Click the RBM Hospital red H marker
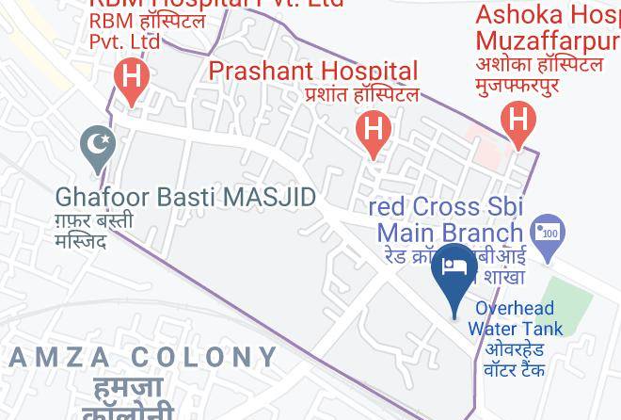pyautogui.click(x=132, y=77)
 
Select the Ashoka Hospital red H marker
pyautogui.click(x=517, y=121)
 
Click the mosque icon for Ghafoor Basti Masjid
pyautogui.click(x=98, y=146)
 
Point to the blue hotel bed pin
pyautogui.click(x=454, y=268)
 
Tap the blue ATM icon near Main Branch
pyautogui.click(x=548, y=232)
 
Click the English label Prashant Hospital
pyautogui.click(x=312, y=71)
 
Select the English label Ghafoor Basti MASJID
pyautogui.click(x=185, y=198)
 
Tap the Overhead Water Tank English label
pyautogui.click(x=515, y=318)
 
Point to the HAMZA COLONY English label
pyautogui.click(x=144, y=357)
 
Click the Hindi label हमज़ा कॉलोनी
pyautogui.click(x=127, y=397)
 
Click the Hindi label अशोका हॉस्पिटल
pyautogui.click(x=539, y=64)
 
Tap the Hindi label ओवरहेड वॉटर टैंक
pyautogui.click(x=515, y=359)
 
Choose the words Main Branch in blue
pyautogui.click(x=449, y=232)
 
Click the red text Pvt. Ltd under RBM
pyautogui.click(x=124, y=40)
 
